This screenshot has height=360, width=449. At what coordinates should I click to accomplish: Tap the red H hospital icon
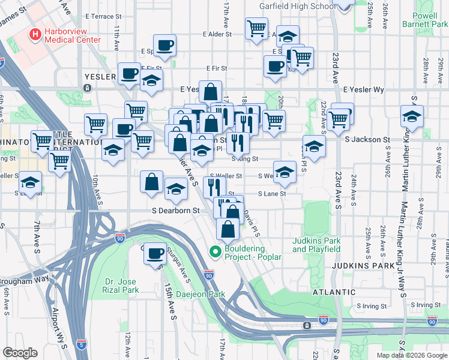point(35,34)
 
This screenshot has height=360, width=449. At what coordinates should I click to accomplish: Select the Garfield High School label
point(297,6)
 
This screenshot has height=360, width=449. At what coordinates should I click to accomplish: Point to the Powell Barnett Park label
point(429,20)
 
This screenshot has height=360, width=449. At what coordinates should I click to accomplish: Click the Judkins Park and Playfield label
point(316,245)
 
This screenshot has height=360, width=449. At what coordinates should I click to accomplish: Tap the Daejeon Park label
point(200,295)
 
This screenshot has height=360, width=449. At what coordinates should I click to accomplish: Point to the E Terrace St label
point(104,17)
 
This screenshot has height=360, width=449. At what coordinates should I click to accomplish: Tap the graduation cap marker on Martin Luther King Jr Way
point(412,116)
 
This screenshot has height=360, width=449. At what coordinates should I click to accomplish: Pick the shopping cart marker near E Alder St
point(256,28)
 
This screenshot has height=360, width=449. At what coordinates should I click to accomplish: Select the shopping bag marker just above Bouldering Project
point(228,229)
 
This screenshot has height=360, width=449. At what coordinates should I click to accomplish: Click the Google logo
point(20,353)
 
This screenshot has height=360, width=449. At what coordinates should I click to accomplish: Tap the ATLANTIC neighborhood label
point(334,292)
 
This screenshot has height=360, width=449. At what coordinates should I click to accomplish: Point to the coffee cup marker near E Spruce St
point(164,45)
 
